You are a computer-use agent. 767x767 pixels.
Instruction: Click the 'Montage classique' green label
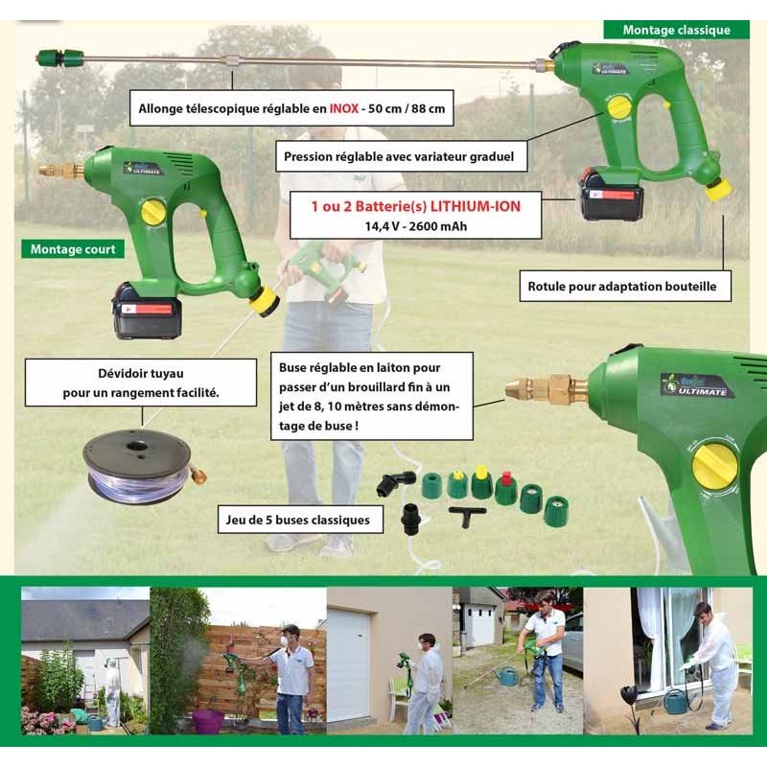coord(676,30)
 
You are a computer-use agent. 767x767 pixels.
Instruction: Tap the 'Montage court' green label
coord(73,249)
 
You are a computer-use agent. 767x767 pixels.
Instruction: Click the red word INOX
coord(344,108)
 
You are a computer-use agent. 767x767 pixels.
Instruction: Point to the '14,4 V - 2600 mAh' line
coord(416,226)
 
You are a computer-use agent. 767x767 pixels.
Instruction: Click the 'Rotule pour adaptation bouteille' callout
coord(625,286)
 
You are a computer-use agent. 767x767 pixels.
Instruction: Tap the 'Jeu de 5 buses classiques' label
coord(300,520)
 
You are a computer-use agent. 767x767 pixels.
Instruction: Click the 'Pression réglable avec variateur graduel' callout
coord(401,156)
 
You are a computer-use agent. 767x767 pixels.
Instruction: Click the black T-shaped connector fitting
coord(467,515)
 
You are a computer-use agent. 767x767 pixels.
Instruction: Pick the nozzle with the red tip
coord(506,489)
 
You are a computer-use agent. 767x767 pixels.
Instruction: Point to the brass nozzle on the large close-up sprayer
coord(546,389)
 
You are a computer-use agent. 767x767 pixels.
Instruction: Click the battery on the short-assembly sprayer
coord(148,312)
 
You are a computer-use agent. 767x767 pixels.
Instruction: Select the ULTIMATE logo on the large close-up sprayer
coord(698,385)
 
